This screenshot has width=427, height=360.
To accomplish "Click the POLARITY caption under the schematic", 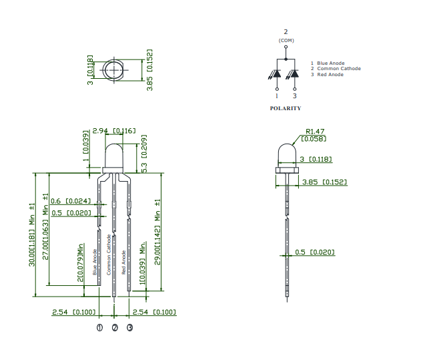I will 285,108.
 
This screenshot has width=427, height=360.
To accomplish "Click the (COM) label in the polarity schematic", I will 286,41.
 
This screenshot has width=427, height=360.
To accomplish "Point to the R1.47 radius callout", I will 314,132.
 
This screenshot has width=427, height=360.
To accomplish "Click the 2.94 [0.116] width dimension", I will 113,131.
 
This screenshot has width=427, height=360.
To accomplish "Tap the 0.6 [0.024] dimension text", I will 71,201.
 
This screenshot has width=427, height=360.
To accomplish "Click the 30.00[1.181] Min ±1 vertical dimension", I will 31,234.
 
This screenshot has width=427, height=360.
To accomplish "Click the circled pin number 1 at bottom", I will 99,328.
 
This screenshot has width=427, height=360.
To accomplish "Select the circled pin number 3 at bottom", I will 129,328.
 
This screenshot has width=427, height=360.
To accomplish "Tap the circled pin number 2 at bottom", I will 115,328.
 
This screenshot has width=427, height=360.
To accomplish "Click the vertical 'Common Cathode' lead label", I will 109,256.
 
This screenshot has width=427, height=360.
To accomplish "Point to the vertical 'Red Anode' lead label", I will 123,262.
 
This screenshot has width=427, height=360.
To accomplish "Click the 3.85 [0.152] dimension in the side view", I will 324,182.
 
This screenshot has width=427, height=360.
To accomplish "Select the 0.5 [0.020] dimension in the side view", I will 315,252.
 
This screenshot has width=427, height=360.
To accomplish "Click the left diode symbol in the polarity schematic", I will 277,73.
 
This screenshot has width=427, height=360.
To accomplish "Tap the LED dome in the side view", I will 286,154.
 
